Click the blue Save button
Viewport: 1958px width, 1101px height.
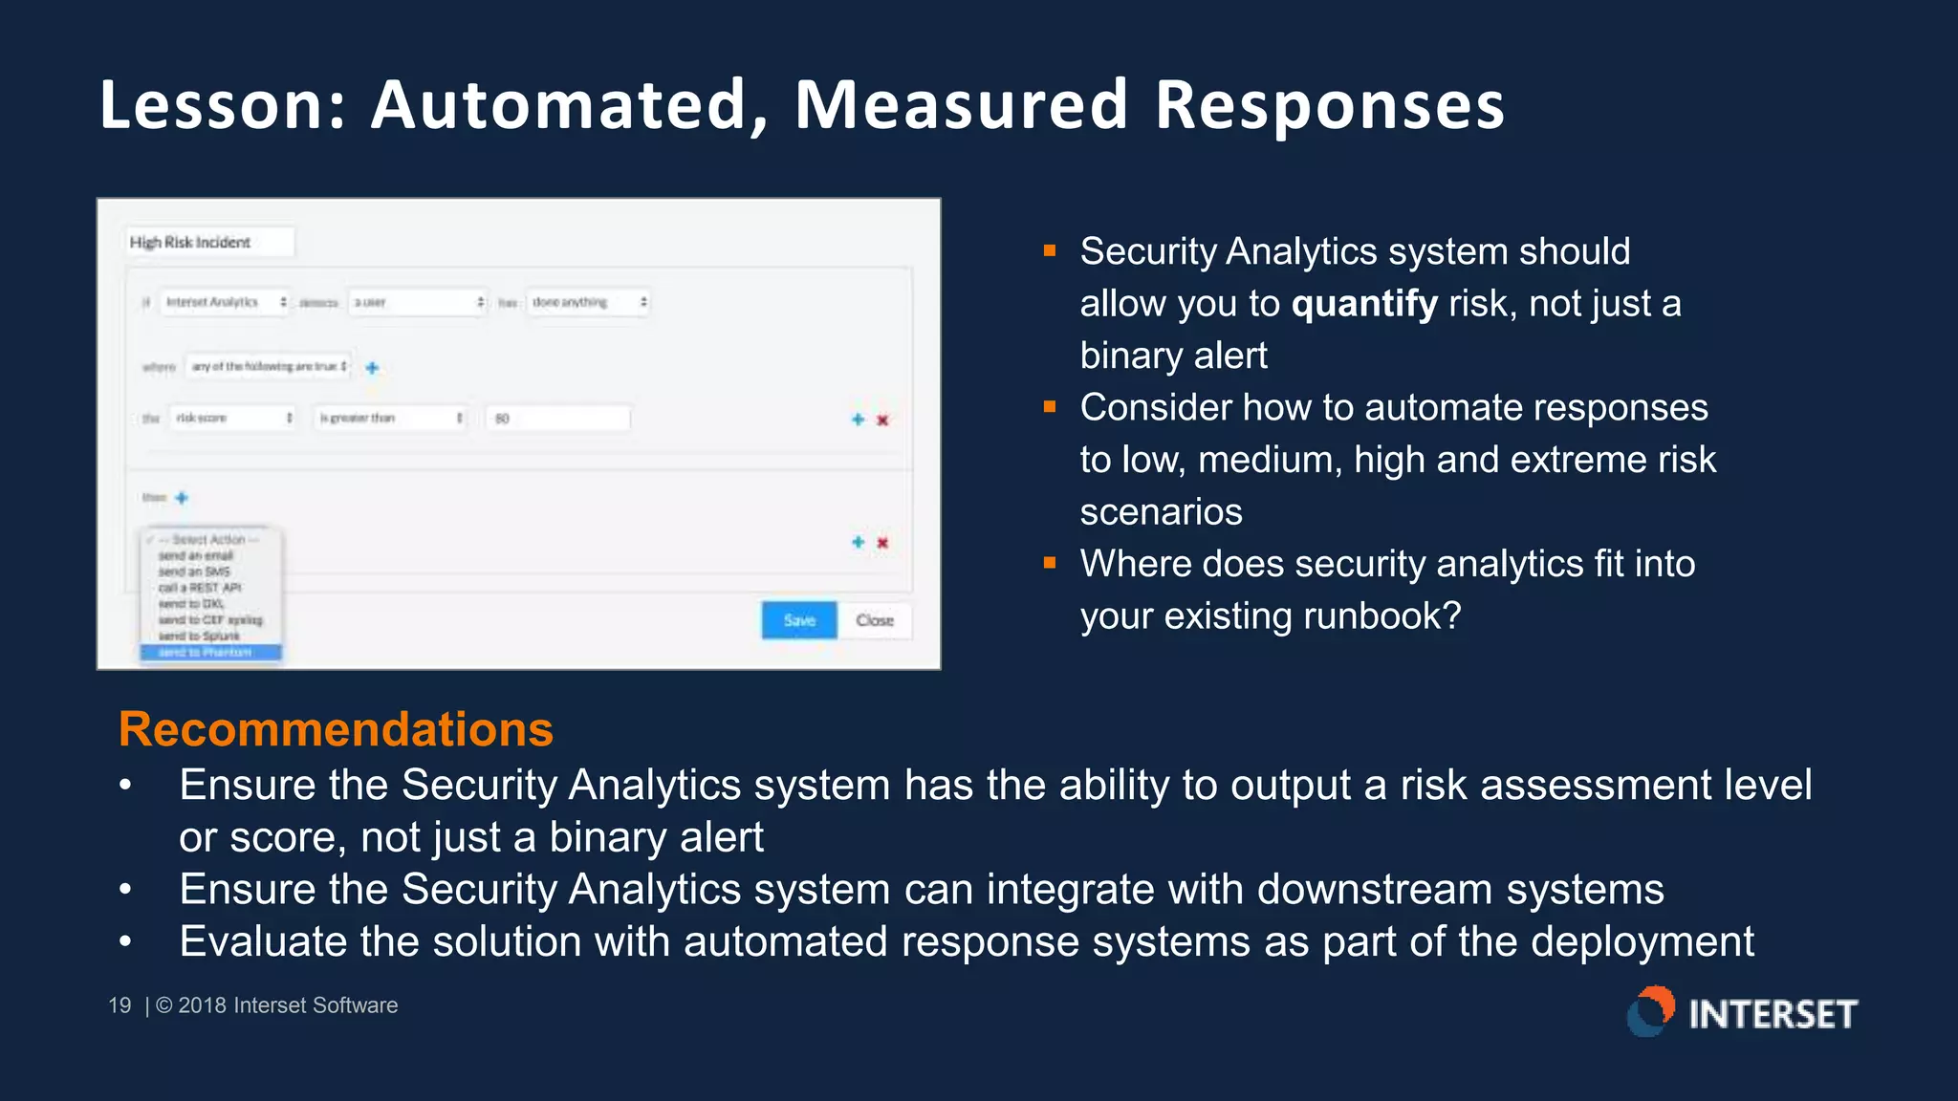click(799, 620)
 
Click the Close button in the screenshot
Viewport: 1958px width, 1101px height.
click(875, 620)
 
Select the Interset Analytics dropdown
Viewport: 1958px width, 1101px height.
click(225, 302)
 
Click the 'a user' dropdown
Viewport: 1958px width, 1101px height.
click(418, 302)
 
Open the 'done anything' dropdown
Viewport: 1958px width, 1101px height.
click(588, 302)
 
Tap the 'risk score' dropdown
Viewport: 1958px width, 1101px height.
click(233, 418)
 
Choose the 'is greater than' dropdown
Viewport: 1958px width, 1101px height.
click(390, 418)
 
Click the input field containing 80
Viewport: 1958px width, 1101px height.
click(558, 418)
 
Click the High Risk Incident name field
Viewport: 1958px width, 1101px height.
click(209, 243)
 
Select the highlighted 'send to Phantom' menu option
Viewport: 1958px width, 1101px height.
click(210, 652)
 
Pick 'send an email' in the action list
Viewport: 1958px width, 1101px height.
click(196, 555)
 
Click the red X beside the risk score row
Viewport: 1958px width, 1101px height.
click(882, 420)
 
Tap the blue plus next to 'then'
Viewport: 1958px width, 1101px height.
click(182, 498)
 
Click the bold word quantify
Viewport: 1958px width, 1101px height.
click(1364, 304)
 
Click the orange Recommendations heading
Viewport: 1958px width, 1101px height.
click(336, 729)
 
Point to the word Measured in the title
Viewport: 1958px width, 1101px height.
click(961, 104)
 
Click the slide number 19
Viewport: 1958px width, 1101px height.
click(120, 1005)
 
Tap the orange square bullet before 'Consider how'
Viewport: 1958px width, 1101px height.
click(1050, 407)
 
